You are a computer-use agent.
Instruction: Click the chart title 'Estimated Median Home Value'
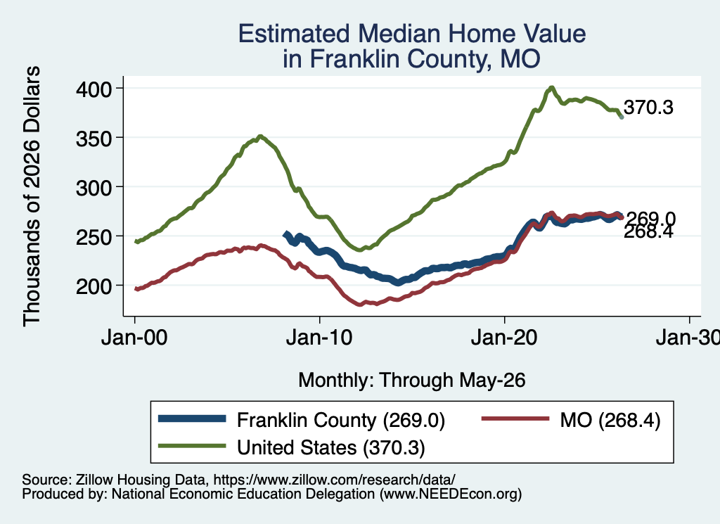coord(412,34)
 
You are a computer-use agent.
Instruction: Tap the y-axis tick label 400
coord(94,89)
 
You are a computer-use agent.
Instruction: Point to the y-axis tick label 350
coord(94,139)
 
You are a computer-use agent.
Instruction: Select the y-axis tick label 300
coord(94,188)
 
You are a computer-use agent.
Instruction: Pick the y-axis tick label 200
coord(94,286)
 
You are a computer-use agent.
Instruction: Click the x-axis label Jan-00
coord(134,338)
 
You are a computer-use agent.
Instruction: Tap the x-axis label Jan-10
coord(319,338)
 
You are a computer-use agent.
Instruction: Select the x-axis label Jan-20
coord(504,338)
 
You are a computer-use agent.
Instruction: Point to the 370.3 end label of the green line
coord(648,108)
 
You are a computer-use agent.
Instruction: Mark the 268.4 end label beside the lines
coord(648,231)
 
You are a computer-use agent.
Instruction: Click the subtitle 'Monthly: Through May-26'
coord(412,381)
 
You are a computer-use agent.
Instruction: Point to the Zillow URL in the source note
coord(334,480)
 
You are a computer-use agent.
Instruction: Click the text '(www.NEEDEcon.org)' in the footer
coord(451,494)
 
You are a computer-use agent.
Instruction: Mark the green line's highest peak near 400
coord(551,87)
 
